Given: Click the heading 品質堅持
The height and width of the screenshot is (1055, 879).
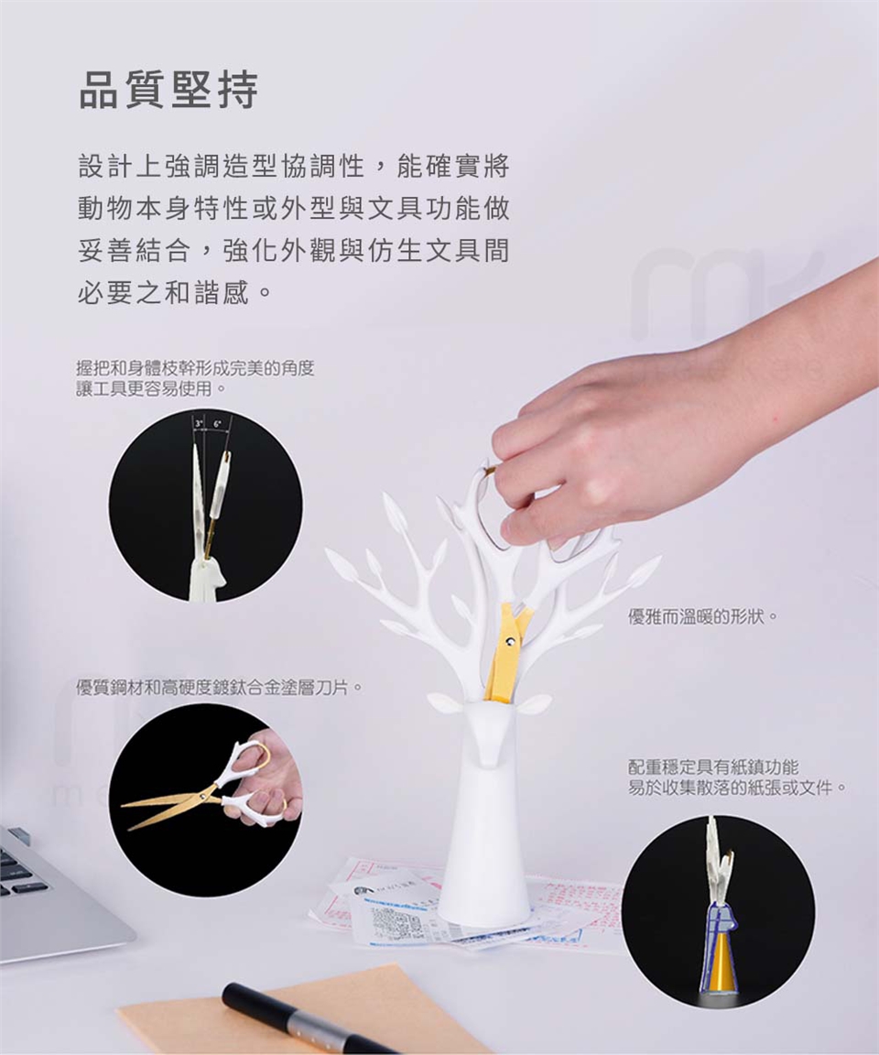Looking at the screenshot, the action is (168, 90).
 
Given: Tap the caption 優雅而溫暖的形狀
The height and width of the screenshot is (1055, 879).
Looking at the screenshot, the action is (698, 616).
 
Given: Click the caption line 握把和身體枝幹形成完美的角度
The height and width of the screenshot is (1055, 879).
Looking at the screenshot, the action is (195, 368).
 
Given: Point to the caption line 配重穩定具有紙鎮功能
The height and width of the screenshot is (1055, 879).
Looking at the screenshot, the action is (713, 767).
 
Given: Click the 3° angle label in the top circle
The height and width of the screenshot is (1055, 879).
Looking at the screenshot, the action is (200, 424).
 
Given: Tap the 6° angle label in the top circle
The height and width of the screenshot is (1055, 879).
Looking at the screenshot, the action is (217, 424).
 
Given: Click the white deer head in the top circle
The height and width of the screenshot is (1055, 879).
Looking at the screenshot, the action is (204, 580).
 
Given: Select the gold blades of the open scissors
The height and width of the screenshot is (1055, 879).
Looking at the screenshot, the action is (168, 808).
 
